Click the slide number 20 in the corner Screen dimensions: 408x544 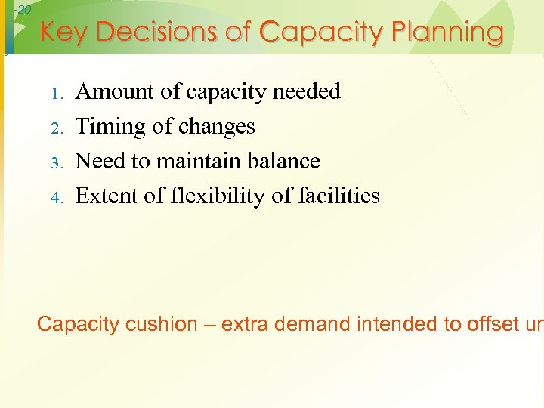click(x=23, y=10)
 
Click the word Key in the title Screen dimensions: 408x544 click(x=66, y=33)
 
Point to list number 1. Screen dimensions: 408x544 click(x=55, y=94)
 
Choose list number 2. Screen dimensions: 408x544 click(x=55, y=128)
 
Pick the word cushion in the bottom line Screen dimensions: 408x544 click(x=161, y=325)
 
